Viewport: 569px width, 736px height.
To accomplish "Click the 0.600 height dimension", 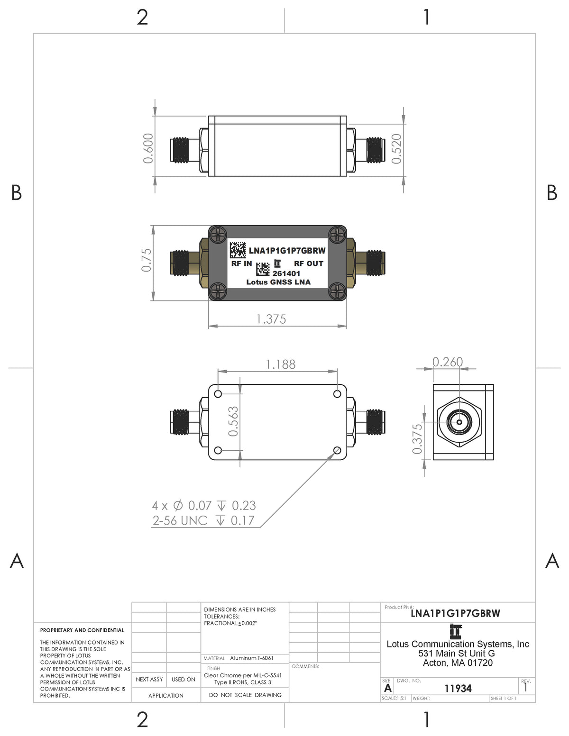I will click(x=148, y=148).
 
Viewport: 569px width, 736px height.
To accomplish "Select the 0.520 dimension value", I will click(x=397, y=148).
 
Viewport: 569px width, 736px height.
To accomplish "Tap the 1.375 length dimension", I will click(x=271, y=319).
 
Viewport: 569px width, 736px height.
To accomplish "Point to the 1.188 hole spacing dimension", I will click(x=280, y=364).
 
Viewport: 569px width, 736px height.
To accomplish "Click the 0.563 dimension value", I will click(x=233, y=421).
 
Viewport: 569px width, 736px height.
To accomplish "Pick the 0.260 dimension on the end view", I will click(x=447, y=362).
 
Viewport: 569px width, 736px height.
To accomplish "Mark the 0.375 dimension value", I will click(x=417, y=438).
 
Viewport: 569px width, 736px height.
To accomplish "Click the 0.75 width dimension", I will click(x=147, y=260).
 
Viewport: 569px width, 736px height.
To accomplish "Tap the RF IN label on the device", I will click(x=241, y=264).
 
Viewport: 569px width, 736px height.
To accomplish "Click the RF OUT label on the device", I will click(x=309, y=264).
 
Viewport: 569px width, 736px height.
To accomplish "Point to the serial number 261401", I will click(x=286, y=273).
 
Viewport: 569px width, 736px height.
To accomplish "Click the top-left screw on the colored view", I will click(x=218, y=234).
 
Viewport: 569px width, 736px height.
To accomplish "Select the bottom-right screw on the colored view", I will click(x=338, y=291).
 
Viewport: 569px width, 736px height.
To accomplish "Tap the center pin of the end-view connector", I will click(x=459, y=421).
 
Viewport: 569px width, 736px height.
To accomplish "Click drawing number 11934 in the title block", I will click(x=458, y=688).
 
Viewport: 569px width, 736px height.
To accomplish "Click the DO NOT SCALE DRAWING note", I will click(x=245, y=695).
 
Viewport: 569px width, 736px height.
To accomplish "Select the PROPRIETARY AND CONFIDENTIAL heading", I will click(x=82, y=630).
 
